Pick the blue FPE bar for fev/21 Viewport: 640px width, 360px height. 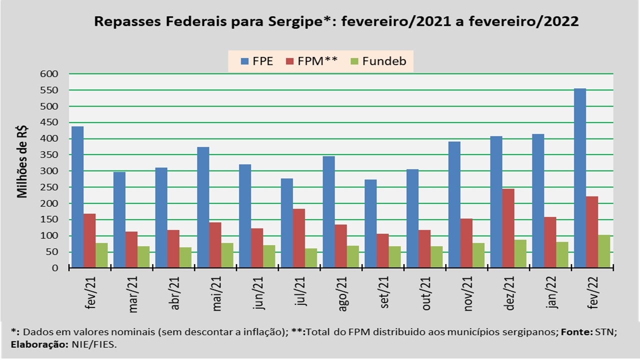pos(77,197)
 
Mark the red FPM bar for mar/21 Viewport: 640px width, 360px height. pos(131,249)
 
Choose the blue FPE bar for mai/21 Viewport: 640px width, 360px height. pos(203,207)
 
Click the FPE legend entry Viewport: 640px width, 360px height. pos(257,62)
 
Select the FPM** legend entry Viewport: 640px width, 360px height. pos(312,62)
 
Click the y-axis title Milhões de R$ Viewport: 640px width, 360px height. pos(23,162)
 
